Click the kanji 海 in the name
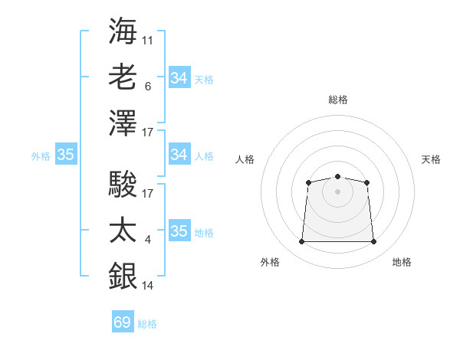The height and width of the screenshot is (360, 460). click(x=123, y=31)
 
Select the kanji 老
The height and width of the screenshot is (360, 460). click(x=123, y=77)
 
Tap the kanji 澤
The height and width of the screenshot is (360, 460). click(x=123, y=123)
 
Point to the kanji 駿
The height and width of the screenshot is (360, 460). click(x=123, y=184)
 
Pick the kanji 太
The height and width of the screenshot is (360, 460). click(x=123, y=230)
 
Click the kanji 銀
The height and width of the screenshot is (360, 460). click(x=123, y=276)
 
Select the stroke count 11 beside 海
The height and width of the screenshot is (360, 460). click(x=147, y=41)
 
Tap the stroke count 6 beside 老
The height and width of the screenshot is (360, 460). click(x=148, y=87)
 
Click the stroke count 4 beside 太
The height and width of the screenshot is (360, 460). click(x=148, y=240)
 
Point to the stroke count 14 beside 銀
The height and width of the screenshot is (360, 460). click(x=147, y=286)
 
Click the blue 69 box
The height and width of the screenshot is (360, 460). click(x=123, y=321)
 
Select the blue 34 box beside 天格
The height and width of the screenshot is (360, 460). click(x=179, y=77)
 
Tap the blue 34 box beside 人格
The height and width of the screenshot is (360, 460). click(x=179, y=154)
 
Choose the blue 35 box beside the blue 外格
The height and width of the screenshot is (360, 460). click(x=66, y=154)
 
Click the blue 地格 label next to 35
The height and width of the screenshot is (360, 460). click(x=204, y=233)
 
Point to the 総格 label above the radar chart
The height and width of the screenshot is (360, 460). click(x=338, y=100)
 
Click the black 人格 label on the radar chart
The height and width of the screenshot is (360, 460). click(x=245, y=159)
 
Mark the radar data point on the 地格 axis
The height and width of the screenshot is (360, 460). click(x=373, y=241)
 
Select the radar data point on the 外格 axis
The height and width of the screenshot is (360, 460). click(x=301, y=241)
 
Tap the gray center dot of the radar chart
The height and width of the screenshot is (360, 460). click(x=337, y=191)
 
